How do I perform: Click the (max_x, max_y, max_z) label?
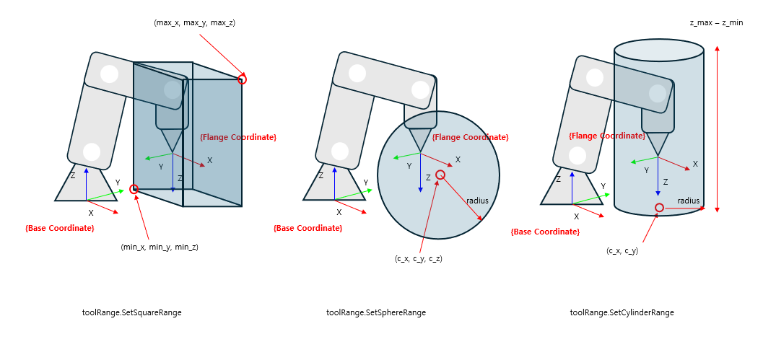tap(194, 23)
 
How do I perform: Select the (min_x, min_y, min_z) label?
tap(159, 247)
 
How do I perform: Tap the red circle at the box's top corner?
tap(242, 79)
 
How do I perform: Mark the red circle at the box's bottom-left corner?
tap(134, 189)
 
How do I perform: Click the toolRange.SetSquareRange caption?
tap(132, 312)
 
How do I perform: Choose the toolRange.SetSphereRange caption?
tap(375, 312)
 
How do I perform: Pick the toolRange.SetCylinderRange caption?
tap(622, 312)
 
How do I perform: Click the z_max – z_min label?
tap(716, 23)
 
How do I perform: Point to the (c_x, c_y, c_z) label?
tap(418, 258)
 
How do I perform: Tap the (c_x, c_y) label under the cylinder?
tap(622, 251)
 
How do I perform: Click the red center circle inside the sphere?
tap(440, 175)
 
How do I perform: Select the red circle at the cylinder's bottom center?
tap(659, 208)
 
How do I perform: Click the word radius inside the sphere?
tap(477, 201)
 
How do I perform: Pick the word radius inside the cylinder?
tap(688, 201)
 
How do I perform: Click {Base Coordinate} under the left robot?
tap(59, 228)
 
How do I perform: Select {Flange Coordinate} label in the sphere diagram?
tap(470, 137)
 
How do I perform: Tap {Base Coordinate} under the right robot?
tap(545, 232)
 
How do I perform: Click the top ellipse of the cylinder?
tap(658, 50)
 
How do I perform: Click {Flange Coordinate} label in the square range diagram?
tap(237, 137)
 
